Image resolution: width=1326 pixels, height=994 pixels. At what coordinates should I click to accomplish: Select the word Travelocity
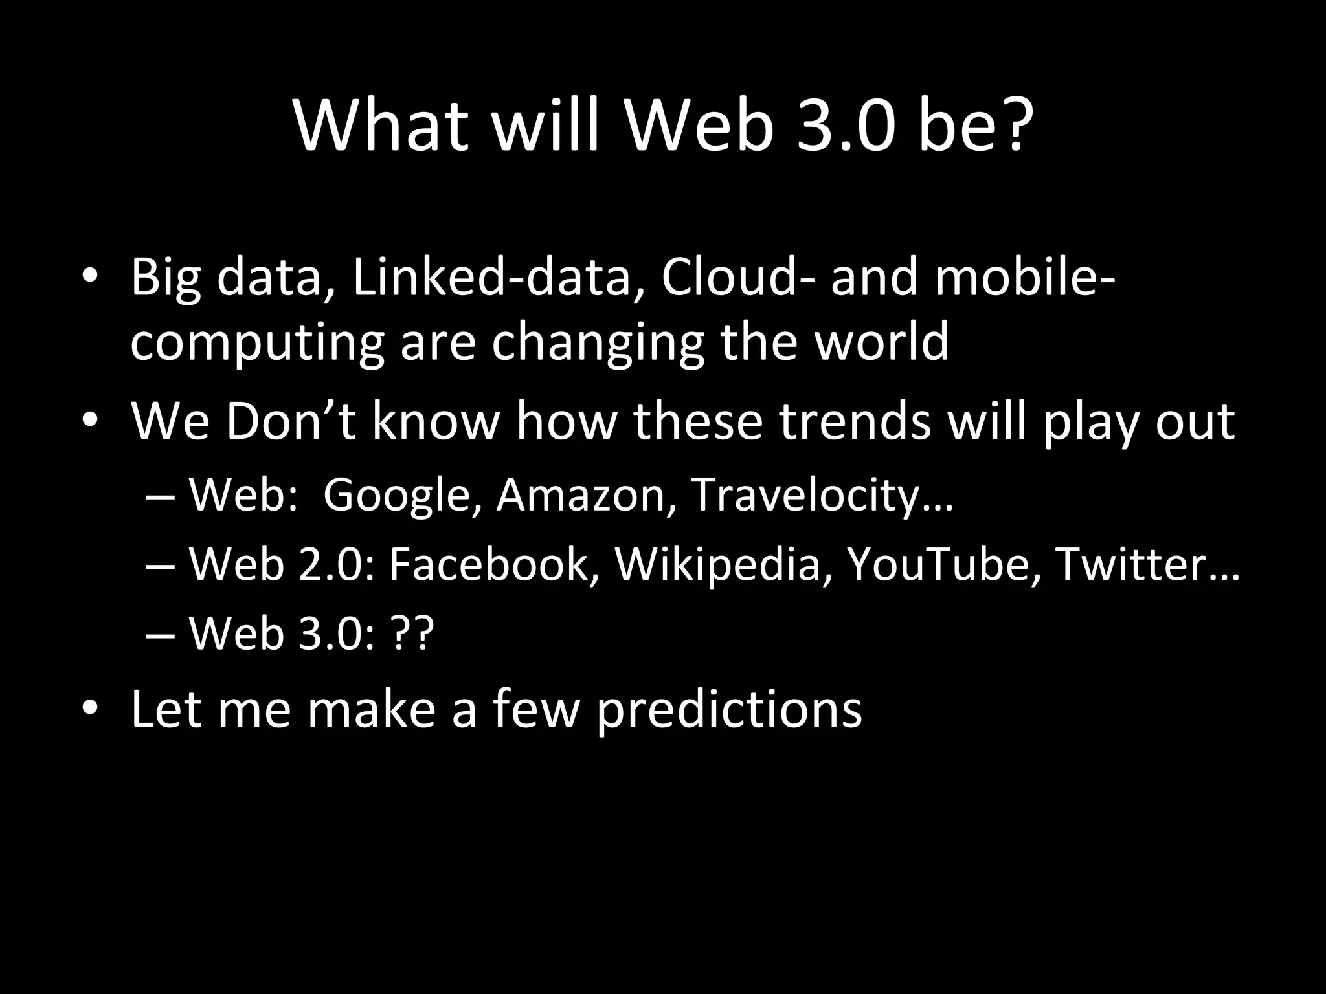tap(805, 496)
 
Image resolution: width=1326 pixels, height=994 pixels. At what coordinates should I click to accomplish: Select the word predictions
tap(729, 709)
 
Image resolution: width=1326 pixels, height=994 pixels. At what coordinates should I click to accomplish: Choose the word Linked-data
tap(499, 277)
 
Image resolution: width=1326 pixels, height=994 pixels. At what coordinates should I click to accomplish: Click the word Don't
tap(291, 422)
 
